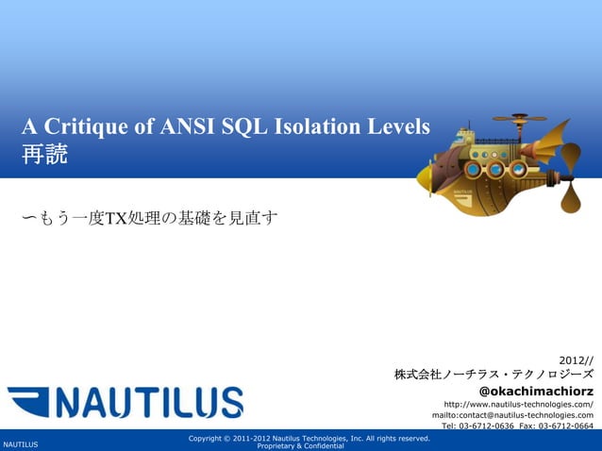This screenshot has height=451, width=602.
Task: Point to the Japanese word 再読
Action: pos(44,155)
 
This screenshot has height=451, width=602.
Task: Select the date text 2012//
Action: pos(576,359)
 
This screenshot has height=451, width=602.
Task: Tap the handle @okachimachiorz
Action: pos(536,391)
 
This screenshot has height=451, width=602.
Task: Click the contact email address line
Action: pos(512,414)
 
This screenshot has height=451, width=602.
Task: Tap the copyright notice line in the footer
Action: pos(309,438)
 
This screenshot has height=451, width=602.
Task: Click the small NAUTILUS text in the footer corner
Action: pos(20,443)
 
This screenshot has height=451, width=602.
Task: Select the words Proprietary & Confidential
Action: pos(300,445)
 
